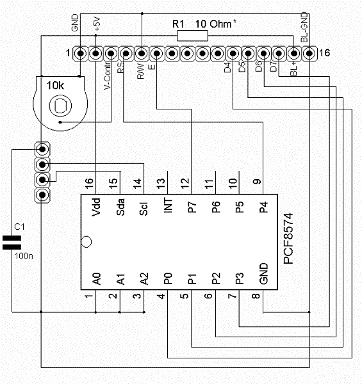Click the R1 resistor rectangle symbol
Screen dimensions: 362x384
(x=192, y=36)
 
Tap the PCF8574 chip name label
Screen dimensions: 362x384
(x=288, y=238)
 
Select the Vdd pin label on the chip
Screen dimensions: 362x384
(x=96, y=207)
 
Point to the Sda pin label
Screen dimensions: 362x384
(x=120, y=207)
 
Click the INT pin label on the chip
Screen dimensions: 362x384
(x=168, y=205)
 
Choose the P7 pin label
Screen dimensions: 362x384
(x=192, y=207)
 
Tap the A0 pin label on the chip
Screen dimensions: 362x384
(x=97, y=279)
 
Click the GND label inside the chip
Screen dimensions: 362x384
(x=263, y=274)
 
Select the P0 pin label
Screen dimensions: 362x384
(x=168, y=278)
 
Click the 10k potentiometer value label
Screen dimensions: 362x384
(x=55, y=86)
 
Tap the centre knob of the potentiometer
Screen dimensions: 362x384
(x=60, y=106)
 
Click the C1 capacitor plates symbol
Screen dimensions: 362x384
(x=12, y=243)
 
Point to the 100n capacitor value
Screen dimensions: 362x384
(x=24, y=256)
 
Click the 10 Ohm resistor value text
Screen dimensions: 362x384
(x=213, y=24)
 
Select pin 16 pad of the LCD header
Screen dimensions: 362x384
(x=309, y=53)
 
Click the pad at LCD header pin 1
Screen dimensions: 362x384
(x=81, y=53)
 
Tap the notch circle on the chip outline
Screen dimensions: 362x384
(x=86, y=242)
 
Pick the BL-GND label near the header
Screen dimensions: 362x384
(x=304, y=27)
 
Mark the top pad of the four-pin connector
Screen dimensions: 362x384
(x=42, y=149)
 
